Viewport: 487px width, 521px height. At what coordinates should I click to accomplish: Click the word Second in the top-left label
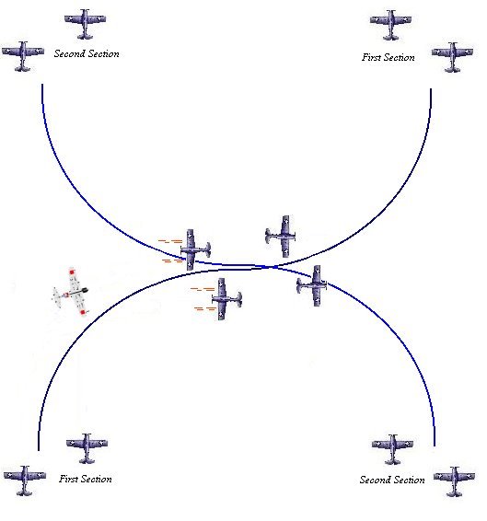tap(68, 53)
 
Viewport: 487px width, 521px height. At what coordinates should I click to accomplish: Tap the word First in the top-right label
tap(371, 57)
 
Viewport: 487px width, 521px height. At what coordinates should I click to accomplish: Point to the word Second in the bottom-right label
tap(374, 480)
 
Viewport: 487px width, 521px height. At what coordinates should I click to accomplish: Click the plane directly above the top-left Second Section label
tap(86, 24)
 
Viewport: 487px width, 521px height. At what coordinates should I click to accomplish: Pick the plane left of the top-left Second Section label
tap(23, 56)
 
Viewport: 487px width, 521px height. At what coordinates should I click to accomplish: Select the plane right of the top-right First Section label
tap(452, 57)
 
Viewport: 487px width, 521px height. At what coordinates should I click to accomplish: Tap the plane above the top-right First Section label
tap(390, 25)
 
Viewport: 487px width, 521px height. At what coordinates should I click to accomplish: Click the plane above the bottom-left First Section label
tap(87, 448)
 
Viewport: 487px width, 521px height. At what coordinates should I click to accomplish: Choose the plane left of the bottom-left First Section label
tap(25, 480)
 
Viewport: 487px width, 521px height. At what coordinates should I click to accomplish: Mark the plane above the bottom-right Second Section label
tap(392, 449)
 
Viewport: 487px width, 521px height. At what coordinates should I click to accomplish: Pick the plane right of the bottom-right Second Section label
tap(454, 481)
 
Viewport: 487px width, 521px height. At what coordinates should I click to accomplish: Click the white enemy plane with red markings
tap(71, 292)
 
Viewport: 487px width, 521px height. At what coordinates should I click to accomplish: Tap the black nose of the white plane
tap(85, 290)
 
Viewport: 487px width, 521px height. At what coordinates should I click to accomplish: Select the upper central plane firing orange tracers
tap(195, 249)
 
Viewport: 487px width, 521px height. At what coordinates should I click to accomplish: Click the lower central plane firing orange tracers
tap(226, 299)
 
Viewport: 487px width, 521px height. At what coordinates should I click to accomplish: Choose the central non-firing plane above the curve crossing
tap(281, 237)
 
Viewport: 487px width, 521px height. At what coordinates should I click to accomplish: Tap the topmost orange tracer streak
tap(170, 241)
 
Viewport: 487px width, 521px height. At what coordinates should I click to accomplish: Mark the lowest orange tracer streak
tap(205, 308)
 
